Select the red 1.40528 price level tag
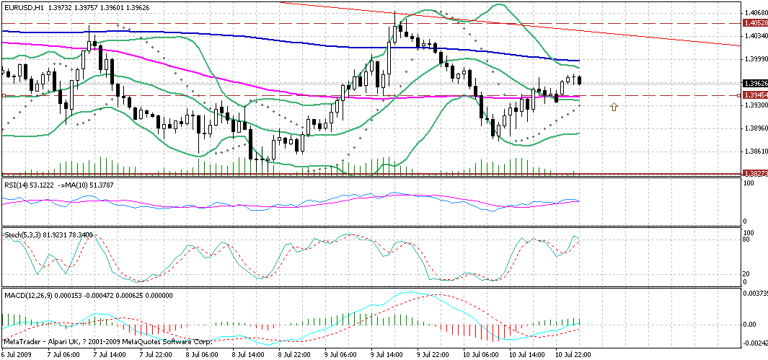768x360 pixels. [x=755, y=24]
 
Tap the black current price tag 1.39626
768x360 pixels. [x=755, y=84]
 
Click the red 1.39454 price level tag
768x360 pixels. [x=755, y=95]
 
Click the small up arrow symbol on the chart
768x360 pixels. [x=614, y=107]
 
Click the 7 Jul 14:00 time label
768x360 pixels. [x=108, y=356]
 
